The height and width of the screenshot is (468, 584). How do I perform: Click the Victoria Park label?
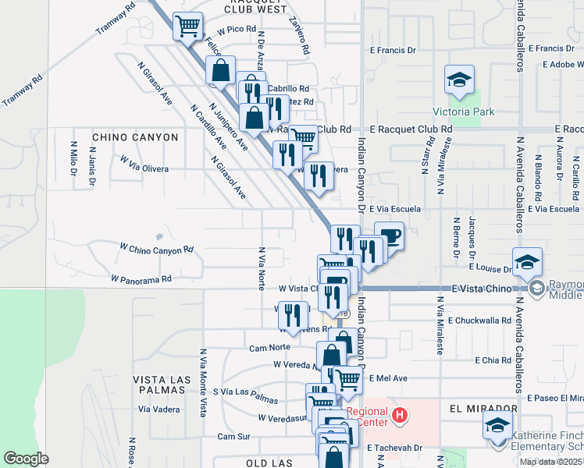tap(465, 112)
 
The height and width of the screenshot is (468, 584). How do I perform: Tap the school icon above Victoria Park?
tap(460, 80)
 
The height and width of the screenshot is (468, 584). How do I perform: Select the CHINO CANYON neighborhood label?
tap(135, 137)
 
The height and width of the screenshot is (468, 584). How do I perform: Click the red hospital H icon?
tap(400, 413)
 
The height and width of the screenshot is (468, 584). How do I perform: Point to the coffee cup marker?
tap(389, 236)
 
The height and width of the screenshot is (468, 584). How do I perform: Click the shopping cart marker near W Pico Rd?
tap(187, 27)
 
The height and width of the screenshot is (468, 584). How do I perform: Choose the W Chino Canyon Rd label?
tap(155, 250)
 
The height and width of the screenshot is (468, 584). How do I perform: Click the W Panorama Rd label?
tap(141, 278)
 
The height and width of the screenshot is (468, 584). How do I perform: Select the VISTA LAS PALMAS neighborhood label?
tap(162, 379)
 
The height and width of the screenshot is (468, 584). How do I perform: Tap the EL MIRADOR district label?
tap(483, 409)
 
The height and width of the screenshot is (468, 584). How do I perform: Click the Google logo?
tap(27, 459)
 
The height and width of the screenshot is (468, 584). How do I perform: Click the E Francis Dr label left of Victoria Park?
tap(393, 50)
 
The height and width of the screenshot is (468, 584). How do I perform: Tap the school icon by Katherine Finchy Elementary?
tap(497, 427)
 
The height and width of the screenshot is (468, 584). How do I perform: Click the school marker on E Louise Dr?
tap(528, 261)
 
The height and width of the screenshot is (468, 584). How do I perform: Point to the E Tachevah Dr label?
tap(394, 448)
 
